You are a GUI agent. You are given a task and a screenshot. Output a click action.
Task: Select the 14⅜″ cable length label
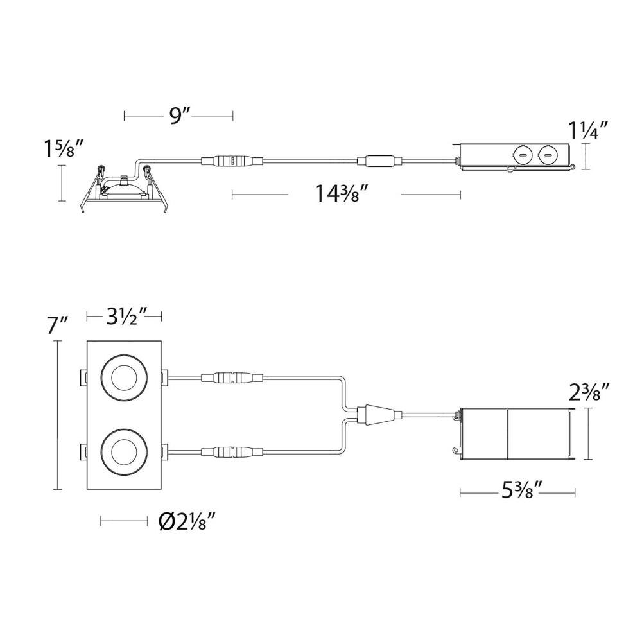point(342,193)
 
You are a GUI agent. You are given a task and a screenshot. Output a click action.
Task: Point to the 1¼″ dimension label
point(587,130)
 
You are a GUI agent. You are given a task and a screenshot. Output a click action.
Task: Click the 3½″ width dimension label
point(125,316)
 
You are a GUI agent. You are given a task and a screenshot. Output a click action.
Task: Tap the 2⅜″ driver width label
point(586,393)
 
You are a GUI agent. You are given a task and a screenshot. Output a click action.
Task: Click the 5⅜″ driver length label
point(522,491)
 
